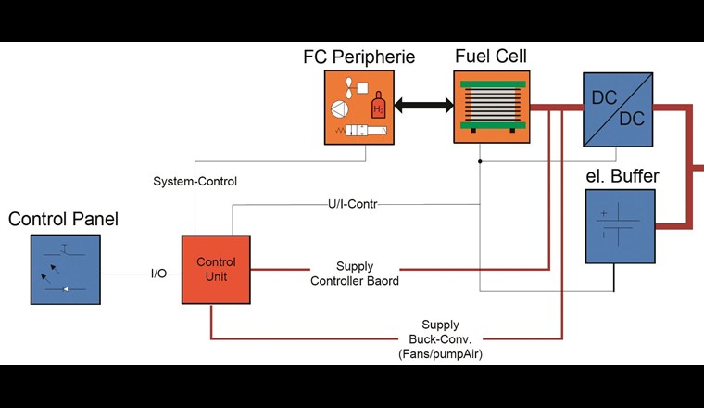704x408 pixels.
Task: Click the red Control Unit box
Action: point(216,269)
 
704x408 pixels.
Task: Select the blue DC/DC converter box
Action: point(618,108)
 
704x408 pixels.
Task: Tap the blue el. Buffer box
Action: point(620,226)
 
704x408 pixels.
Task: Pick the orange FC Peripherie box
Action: point(359,107)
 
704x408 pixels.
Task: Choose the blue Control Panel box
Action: point(65,269)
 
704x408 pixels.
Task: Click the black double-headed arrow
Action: point(423,107)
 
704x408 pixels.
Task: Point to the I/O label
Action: point(158,274)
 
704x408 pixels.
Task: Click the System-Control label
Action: point(195,181)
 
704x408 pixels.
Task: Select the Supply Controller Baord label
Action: point(355,274)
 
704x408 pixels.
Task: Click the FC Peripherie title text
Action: point(359,57)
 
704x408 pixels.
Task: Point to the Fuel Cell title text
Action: point(490,56)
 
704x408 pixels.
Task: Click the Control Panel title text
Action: point(63,220)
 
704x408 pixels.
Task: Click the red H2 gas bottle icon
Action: point(378,105)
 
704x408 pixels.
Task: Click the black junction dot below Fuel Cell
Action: point(480,161)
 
